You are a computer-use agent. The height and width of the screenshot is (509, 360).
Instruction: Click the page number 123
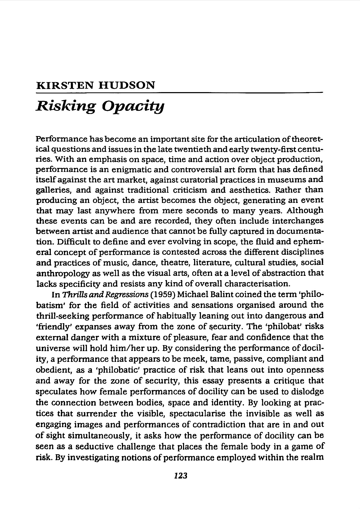[180, 475]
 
